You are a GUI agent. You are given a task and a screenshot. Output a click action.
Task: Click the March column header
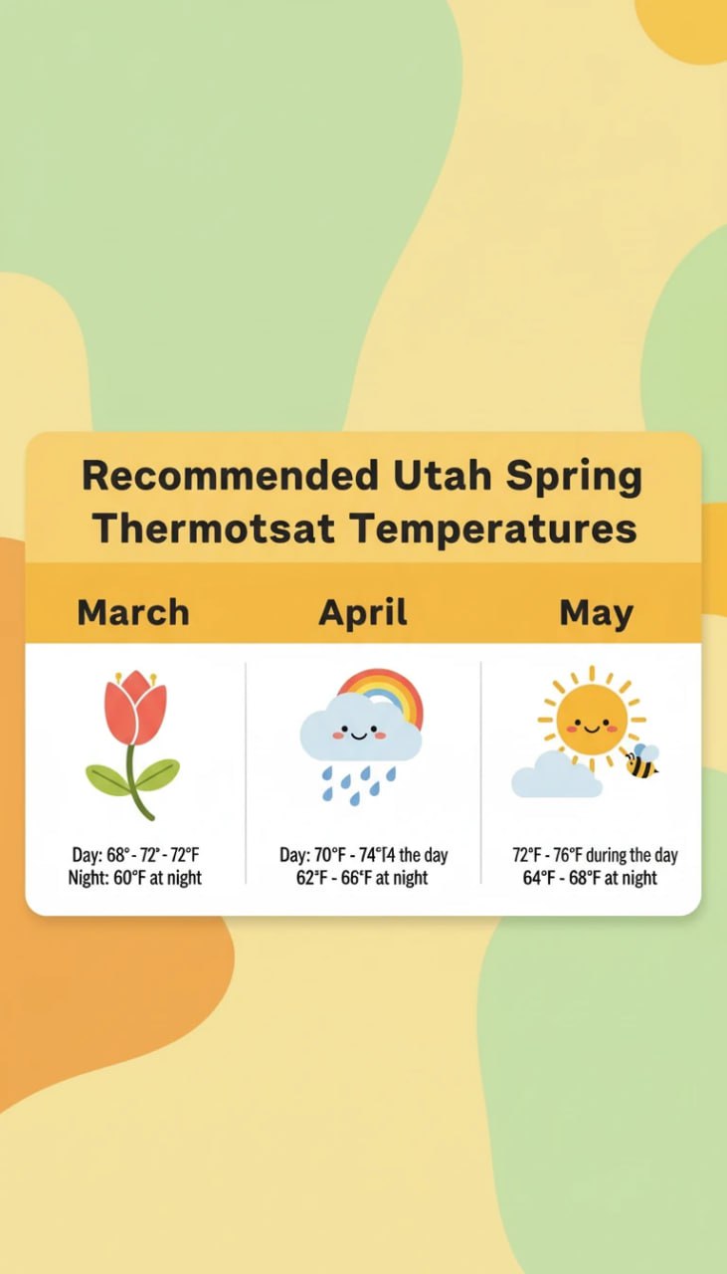click(x=133, y=612)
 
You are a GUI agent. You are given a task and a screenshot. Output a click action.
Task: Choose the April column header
click(x=363, y=612)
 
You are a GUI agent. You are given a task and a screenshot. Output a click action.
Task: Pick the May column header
click(x=596, y=612)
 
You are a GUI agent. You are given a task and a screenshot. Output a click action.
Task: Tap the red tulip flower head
click(x=134, y=708)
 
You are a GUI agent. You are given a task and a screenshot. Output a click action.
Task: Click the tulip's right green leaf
click(x=157, y=773)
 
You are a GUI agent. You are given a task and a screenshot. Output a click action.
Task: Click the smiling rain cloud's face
click(x=359, y=735)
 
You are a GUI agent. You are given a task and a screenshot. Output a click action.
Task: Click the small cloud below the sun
click(x=556, y=777)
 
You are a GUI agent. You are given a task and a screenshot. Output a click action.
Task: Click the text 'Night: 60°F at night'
click(x=134, y=878)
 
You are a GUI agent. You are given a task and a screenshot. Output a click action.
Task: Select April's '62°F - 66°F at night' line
click(x=362, y=878)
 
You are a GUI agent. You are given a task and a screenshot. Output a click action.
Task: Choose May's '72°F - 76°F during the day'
click(x=595, y=856)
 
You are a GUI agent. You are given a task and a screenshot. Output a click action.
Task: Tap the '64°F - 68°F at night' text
click(x=590, y=878)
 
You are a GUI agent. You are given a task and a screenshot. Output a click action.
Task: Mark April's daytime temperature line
click(x=363, y=856)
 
